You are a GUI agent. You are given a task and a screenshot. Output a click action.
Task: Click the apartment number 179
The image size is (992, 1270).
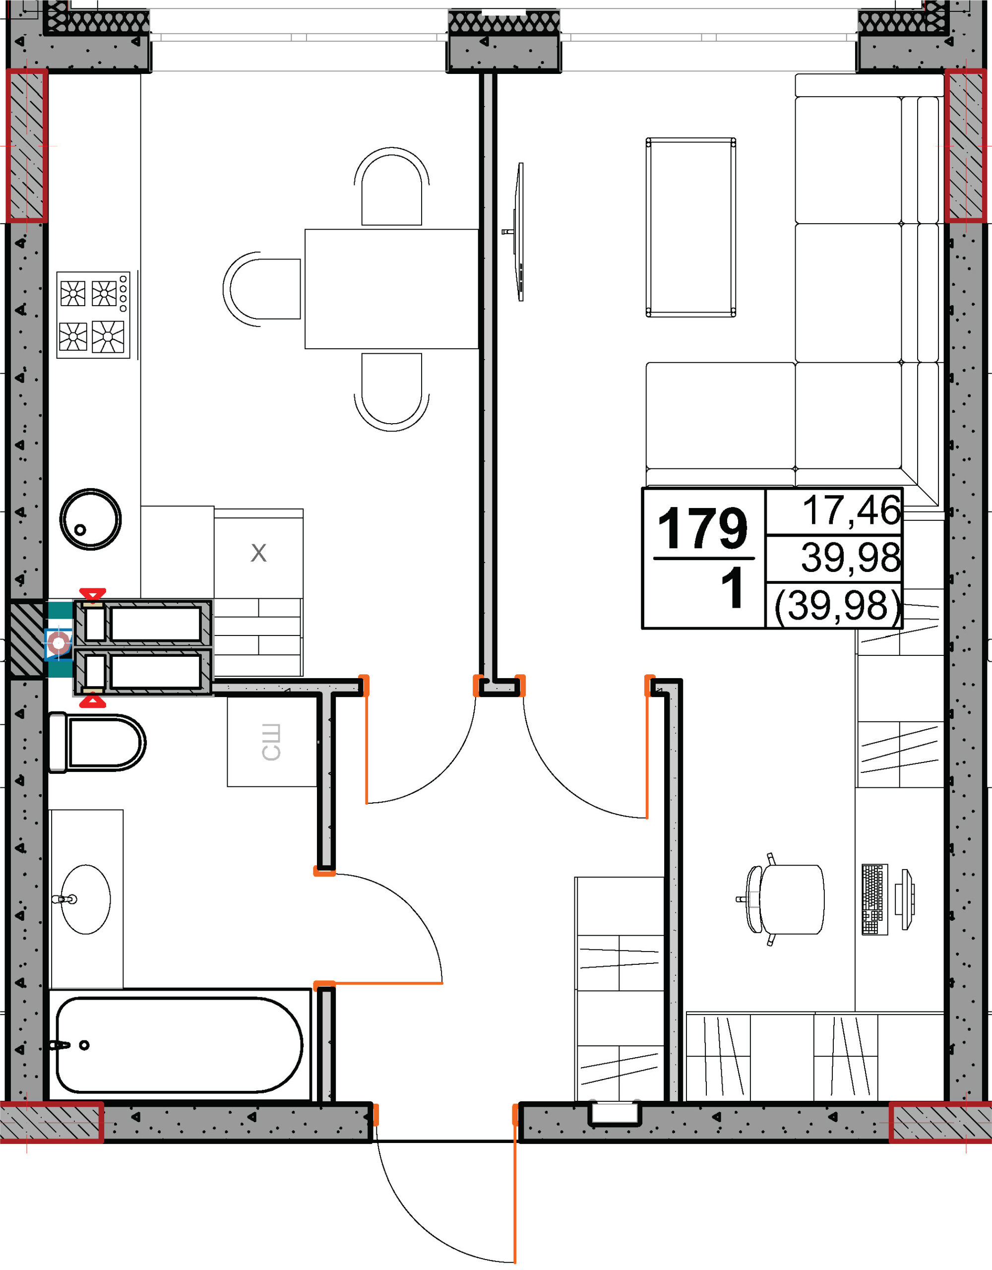click(702, 527)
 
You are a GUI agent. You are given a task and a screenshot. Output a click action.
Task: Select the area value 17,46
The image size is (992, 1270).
click(851, 510)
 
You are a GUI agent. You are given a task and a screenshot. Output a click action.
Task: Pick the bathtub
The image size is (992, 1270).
click(180, 1045)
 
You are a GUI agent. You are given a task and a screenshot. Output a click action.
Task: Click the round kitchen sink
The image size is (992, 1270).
click(90, 519)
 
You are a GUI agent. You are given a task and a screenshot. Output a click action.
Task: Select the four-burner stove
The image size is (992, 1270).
click(94, 315)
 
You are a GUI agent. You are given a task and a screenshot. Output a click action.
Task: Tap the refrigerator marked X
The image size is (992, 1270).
click(258, 553)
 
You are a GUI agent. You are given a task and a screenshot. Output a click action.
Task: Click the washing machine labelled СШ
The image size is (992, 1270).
click(272, 742)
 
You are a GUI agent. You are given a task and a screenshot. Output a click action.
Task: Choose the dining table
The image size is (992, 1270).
click(391, 289)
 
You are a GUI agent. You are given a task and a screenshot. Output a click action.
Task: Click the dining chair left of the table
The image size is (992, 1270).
click(262, 289)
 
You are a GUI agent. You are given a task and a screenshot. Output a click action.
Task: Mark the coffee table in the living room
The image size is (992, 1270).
click(691, 227)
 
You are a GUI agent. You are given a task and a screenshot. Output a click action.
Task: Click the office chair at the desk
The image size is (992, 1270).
click(781, 899)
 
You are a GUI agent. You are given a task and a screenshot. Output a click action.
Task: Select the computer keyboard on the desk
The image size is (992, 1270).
click(874, 899)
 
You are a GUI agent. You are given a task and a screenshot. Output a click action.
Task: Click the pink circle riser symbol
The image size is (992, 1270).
click(58, 643)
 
